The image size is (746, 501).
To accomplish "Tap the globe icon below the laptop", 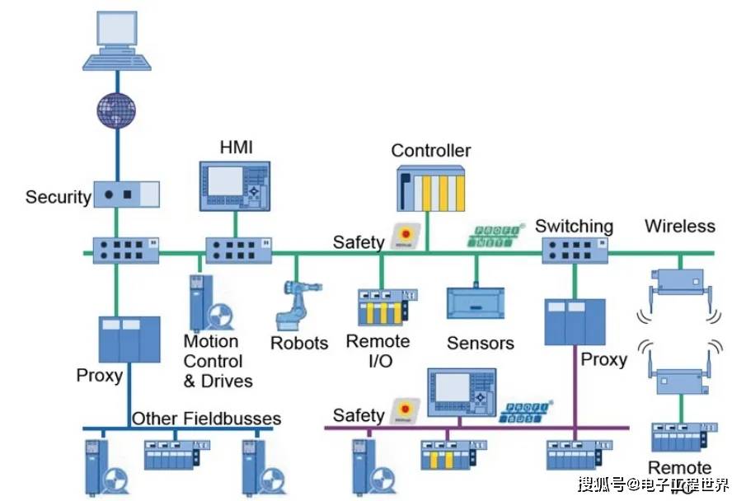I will (x=115, y=109).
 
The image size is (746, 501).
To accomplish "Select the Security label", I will (x=58, y=197).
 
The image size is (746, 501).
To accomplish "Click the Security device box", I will (x=126, y=195).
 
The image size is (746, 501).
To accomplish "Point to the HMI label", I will (x=236, y=148).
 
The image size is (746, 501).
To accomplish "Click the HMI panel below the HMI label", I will (x=236, y=185).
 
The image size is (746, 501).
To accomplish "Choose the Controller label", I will (x=430, y=151).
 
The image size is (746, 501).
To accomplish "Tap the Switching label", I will (x=574, y=226).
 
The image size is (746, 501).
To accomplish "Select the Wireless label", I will (x=679, y=226).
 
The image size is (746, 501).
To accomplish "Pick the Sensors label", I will (x=480, y=343).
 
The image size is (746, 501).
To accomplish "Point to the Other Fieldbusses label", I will (x=206, y=419).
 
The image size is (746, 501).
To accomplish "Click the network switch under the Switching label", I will (x=574, y=250).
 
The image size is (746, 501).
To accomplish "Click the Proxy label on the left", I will (x=99, y=376).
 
